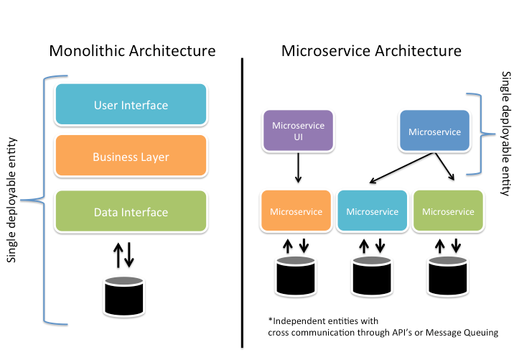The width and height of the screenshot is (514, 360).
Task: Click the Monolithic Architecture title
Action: [x=132, y=51]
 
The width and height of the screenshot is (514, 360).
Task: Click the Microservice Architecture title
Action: [x=371, y=51]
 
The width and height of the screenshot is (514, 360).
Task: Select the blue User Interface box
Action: [x=131, y=105]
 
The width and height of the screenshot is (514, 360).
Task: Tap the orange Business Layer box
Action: [x=131, y=157]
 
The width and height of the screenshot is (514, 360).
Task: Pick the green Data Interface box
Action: [x=131, y=212]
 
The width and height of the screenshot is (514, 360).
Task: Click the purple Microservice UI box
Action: [x=298, y=130]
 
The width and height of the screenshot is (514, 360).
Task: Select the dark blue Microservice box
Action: [x=434, y=131]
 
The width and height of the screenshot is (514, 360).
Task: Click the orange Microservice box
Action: [x=296, y=211]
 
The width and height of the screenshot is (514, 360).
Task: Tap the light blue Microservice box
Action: [x=372, y=211]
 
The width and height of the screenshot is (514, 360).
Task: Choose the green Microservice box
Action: [x=448, y=211]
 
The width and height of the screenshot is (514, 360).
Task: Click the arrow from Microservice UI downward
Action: [x=298, y=170]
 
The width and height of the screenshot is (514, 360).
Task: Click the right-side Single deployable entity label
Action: [x=505, y=133]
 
